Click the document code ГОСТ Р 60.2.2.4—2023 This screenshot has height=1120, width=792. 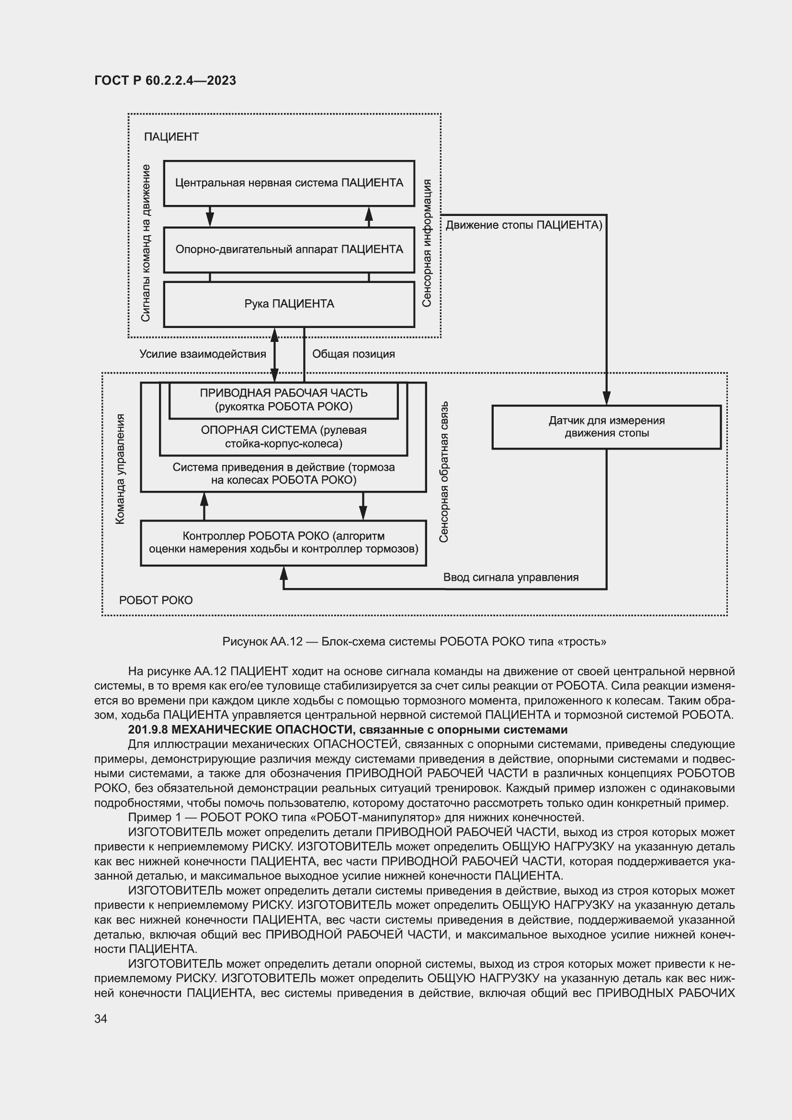click(x=165, y=80)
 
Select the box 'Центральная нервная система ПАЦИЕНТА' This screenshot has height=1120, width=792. click(x=289, y=183)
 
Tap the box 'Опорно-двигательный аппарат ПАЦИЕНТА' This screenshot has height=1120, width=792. click(x=289, y=249)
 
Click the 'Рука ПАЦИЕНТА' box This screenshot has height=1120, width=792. click(x=289, y=304)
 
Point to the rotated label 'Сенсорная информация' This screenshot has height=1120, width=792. click(x=427, y=242)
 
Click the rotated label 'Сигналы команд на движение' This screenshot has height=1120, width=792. click(x=146, y=242)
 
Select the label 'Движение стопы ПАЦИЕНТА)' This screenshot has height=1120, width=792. click(x=524, y=225)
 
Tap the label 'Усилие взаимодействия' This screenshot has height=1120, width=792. click(x=203, y=354)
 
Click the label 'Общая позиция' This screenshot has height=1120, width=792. click(x=353, y=354)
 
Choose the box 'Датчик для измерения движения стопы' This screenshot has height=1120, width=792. click(x=606, y=427)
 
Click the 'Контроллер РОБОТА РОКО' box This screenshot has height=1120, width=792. click(x=283, y=543)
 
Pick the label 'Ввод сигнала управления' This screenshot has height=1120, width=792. click(x=510, y=577)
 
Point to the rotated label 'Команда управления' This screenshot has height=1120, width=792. click(x=120, y=469)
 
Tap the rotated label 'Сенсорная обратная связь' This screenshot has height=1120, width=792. click(x=443, y=472)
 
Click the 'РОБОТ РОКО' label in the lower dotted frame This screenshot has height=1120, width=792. click(x=156, y=600)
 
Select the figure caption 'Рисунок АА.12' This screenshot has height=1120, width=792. click(x=262, y=642)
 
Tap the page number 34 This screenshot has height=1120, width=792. click(x=101, y=1018)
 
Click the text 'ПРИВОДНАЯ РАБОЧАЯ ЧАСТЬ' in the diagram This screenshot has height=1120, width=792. click(x=283, y=393)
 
